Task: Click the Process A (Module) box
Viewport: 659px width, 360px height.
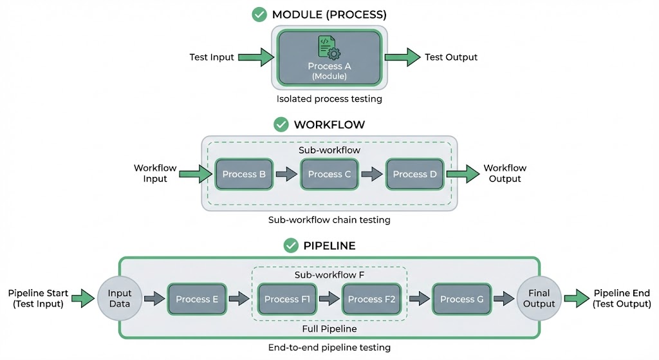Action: pos(329,58)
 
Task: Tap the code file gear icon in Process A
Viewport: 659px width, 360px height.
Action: pos(329,48)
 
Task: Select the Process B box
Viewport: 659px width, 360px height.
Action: pos(244,174)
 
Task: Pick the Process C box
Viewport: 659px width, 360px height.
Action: pos(329,174)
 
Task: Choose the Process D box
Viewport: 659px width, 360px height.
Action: pos(414,174)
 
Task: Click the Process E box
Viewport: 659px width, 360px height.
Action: pos(197,299)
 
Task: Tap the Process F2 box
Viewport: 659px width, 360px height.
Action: pos(371,299)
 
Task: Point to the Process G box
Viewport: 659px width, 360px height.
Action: pos(461,299)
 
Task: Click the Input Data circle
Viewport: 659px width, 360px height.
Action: pos(120,299)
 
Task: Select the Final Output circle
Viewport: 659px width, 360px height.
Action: pos(539,299)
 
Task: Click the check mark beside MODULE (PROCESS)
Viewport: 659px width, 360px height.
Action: pos(259,14)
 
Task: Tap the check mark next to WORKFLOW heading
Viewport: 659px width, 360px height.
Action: pos(281,124)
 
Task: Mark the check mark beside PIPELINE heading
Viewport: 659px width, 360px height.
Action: pos(292,245)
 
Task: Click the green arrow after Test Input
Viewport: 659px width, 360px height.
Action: pos(255,57)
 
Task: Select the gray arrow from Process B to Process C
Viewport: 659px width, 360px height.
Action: pos(287,174)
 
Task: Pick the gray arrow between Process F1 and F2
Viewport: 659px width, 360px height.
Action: pos(329,299)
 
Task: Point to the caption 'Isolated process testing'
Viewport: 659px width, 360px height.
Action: pos(329,99)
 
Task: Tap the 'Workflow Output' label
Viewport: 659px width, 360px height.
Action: pos(505,173)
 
